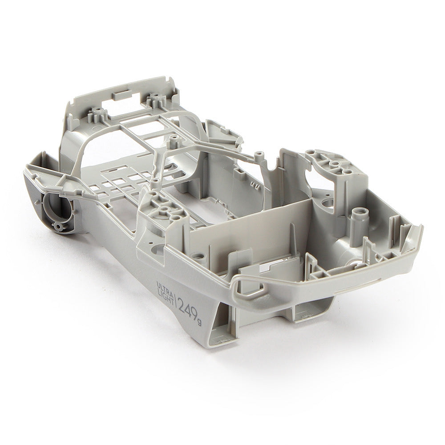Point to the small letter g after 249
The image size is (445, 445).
coord(199,323)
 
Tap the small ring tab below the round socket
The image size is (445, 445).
coord(58,226)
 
